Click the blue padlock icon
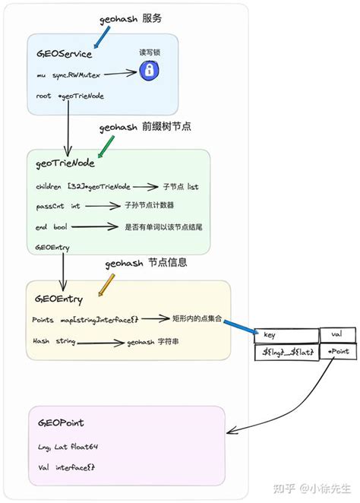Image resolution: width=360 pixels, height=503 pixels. pos(148,71)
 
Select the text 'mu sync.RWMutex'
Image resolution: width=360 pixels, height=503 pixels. pos(68,75)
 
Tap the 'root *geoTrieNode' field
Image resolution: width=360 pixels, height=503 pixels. pos(70,96)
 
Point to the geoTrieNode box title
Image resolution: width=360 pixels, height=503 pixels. pos(65,163)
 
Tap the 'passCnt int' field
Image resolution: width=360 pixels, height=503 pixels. pos(58,206)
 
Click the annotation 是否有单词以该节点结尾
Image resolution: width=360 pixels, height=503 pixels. pos(166,226)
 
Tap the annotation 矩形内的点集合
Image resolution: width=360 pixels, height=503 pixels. pos(197,320)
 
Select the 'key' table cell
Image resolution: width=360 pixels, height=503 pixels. pos(286,335)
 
